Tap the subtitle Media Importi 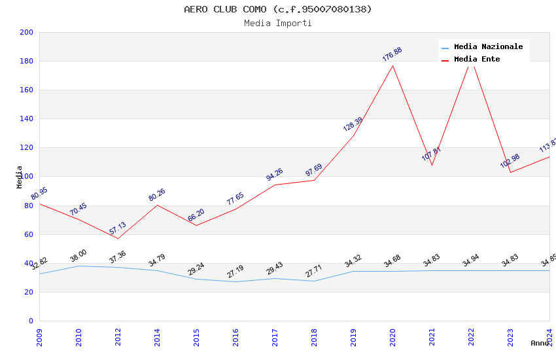pos(277,24)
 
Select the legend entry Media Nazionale pos(488,47)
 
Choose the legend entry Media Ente pos(477,60)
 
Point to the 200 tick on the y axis pos(27,33)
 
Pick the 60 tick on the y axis pos(29,234)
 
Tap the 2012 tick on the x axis pos(118,335)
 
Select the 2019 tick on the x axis pos(353,335)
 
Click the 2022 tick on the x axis pos(471,335)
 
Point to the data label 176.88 pos(392,54)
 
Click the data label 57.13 pos(118,228)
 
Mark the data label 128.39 pos(353,124)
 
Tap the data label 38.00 pos(78,256)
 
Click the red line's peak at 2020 pos(392,65)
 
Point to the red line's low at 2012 pos(118,238)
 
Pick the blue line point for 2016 pos(235,281)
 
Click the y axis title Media pos(20,177)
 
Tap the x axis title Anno pos(540,343)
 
